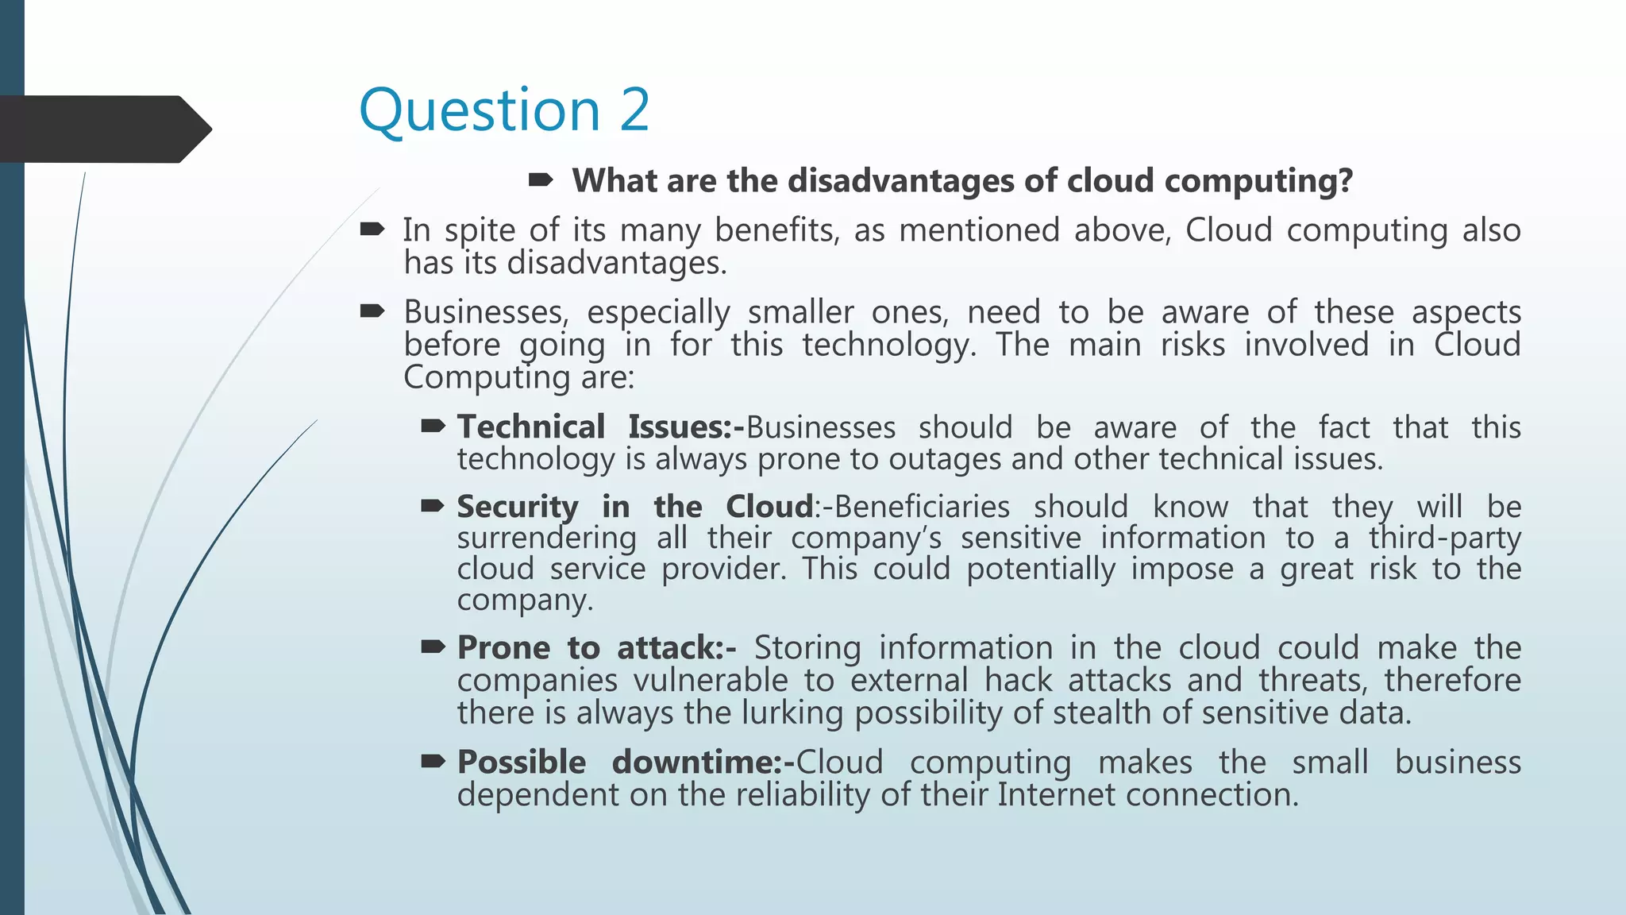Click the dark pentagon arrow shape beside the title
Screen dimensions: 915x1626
[103, 129]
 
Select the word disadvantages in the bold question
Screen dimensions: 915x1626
[900, 181]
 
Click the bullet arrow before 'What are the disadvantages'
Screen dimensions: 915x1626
[541, 181]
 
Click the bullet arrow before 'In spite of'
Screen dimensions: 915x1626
[372, 230]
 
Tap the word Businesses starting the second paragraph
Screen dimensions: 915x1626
[486, 312]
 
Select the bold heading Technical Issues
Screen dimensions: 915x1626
[600, 427]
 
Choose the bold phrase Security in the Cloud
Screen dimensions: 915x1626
[635, 507]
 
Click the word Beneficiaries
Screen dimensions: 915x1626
[922, 507]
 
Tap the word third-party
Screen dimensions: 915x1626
[1444, 539]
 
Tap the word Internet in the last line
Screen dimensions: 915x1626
[1056, 795]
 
